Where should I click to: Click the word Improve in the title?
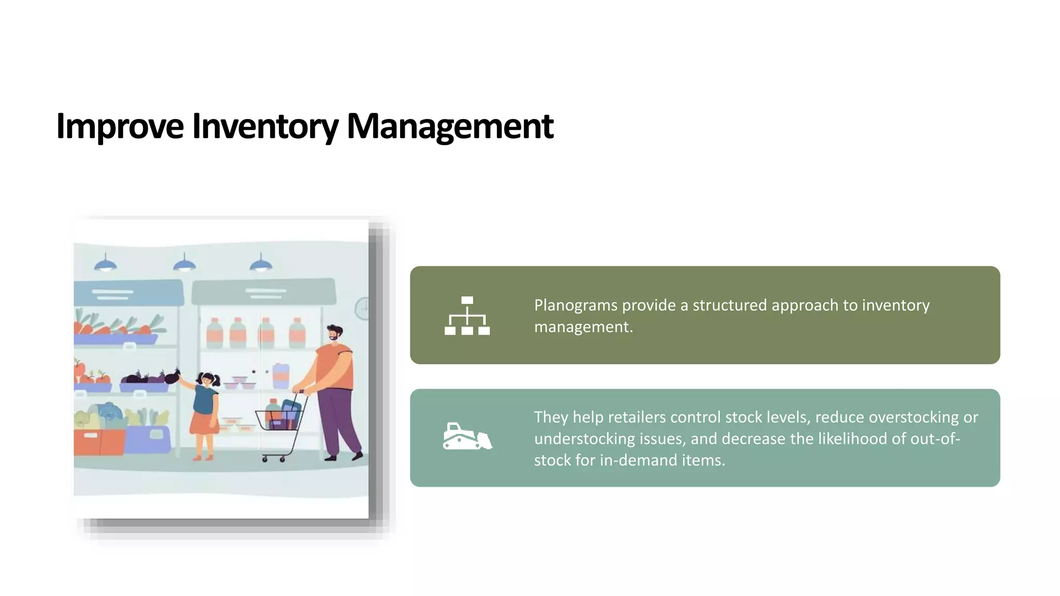pos(120,126)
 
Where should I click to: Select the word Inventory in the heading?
pos(265,126)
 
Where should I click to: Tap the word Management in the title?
pos(449,126)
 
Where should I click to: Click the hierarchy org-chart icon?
pos(467,316)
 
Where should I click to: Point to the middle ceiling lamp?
pos(184,265)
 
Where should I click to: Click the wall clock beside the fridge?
pos(363,308)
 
